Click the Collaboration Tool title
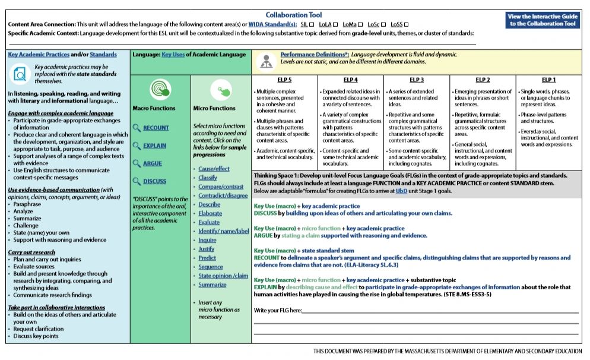[x=294, y=14]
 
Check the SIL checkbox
[x=312, y=24]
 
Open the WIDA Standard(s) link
[x=273, y=24]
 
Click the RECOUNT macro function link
[x=156, y=128]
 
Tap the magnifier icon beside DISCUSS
[x=137, y=181]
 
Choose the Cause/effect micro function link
[x=214, y=169]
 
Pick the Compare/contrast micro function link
[x=221, y=187]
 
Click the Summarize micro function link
[x=212, y=285]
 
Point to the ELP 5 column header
[x=284, y=80]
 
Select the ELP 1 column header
[x=548, y=80]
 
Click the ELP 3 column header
[x=417, y=80]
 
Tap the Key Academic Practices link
[x=39, y=54]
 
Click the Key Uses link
[x=173, y=54]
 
